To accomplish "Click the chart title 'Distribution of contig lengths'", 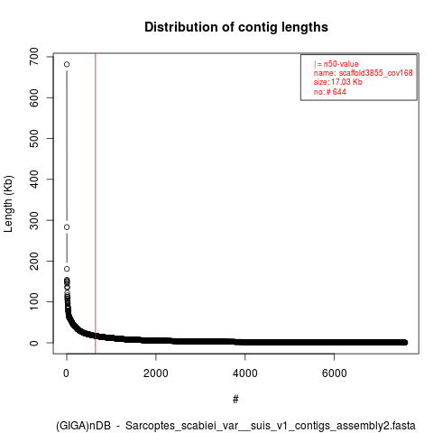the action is click(236, 27).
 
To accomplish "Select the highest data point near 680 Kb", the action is click(67, 64).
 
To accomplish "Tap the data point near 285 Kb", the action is click(67, 227).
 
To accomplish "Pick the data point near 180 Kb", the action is click(67, 269).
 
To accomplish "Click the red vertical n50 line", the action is click(96, 204).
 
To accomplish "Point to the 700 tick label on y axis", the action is click(34, 57).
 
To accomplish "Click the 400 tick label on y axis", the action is click(34, 180).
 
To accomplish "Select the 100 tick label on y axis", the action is click(34, 302).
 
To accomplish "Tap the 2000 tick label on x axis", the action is click(156, 373).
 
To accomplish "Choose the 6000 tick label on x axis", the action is click(334, 373).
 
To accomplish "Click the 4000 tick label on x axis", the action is click(245, 373).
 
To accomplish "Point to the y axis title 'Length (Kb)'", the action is click(8, 204).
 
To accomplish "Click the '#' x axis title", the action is click(235, 400).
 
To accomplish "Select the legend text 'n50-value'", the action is click(341, 64).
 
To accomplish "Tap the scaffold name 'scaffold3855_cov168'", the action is click(376, 73).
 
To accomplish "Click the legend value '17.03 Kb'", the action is click(346, 82).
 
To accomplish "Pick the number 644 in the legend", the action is click(339, 92).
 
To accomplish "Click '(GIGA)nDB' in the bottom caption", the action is click(83, 426).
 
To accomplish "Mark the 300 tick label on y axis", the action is click(34, 220).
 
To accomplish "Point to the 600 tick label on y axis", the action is click(34, 97).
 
